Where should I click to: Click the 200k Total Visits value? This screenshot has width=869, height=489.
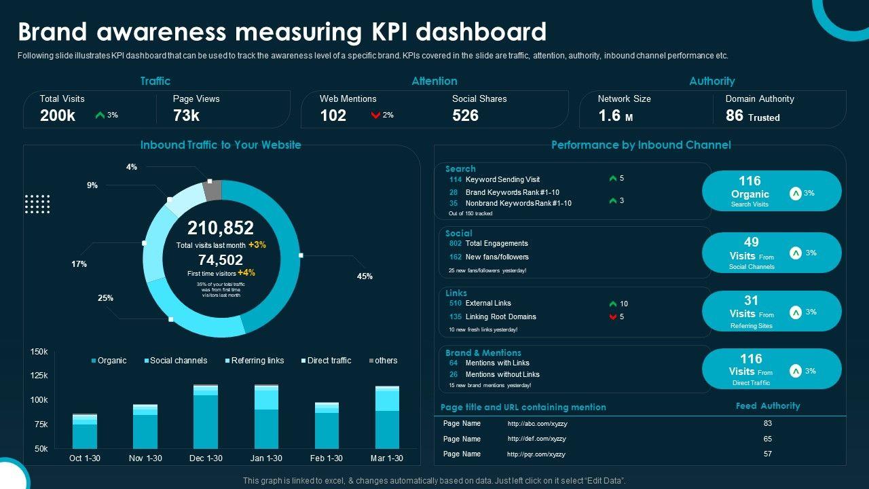coord(58,115)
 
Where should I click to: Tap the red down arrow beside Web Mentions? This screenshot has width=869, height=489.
coord(375,115)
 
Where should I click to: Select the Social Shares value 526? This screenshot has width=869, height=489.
coord(466,115)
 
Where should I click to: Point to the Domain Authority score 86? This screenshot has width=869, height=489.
coord(735,115)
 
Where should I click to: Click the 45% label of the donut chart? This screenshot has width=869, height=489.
coord(365,276)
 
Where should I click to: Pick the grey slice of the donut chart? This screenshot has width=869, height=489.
coord(212,190)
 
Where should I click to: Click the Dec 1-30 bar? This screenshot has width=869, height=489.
coord(206,417)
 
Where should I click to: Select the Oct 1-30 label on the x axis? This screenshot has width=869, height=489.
coord(85,458)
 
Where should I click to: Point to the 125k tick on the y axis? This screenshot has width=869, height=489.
coord(39,376)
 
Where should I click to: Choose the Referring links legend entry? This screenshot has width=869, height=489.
coord(257,361)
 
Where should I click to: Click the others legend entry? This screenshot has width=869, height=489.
coord(386,361)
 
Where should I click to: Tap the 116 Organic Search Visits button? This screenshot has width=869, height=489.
coord(771,191)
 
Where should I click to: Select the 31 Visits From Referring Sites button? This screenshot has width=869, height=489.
coord(771,311)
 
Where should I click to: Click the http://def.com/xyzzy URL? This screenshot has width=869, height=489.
coord(537,439)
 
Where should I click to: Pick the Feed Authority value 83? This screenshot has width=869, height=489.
coord(768,423)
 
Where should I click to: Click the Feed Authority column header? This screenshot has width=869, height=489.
coord(768,406)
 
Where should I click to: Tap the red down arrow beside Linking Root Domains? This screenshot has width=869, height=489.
coord(613,316)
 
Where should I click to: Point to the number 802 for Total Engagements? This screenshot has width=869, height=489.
coord(455,243)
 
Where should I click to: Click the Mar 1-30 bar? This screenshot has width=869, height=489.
coord(388,418)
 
